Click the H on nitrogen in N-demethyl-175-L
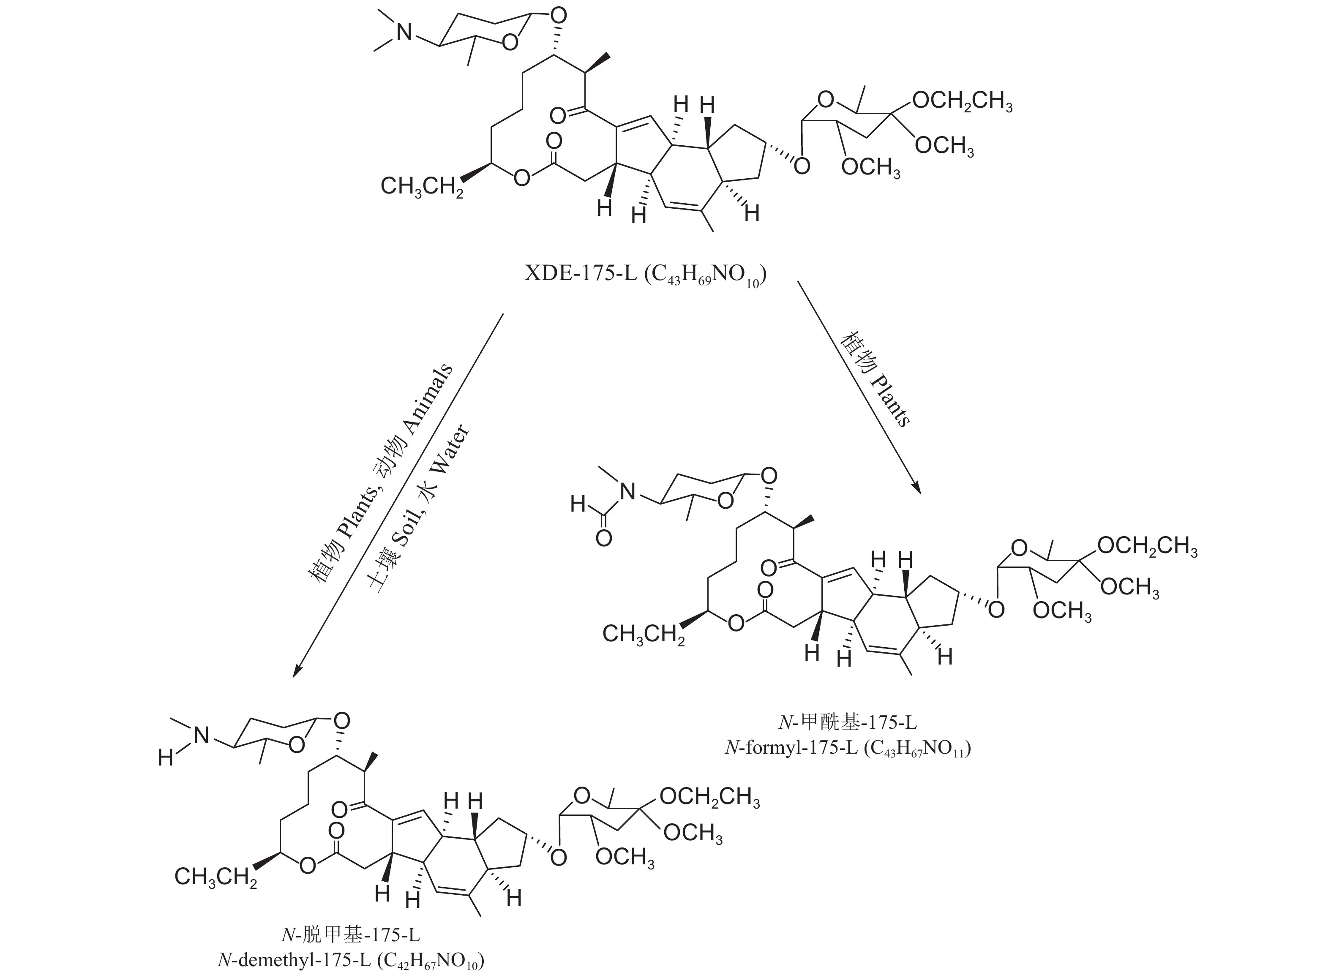pos(165,758)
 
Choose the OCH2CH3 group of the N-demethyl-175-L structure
pos(709,798)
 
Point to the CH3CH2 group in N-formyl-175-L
pos(643,634)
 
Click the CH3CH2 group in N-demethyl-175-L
pos(215,877)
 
